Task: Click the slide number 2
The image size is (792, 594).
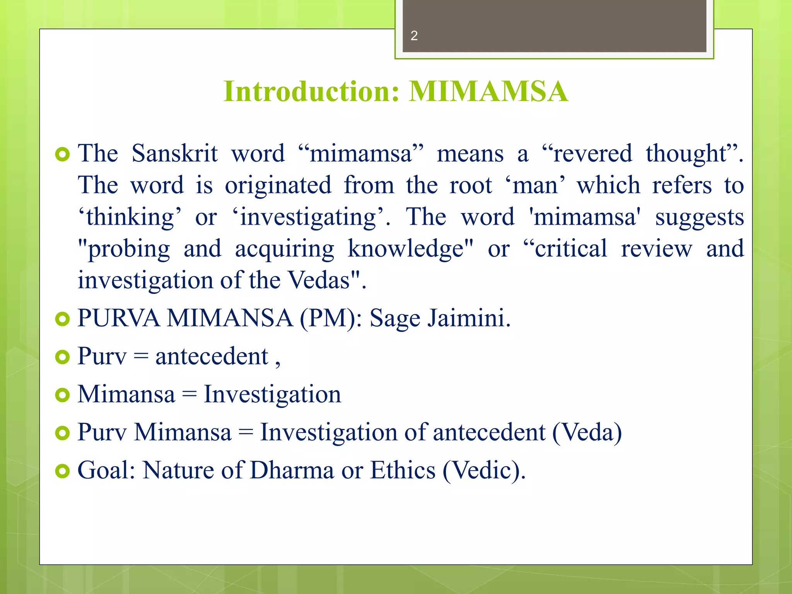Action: point(414,36)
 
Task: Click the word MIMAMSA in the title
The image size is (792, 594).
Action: point(488,92)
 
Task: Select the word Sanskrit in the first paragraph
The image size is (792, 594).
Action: point(174,154)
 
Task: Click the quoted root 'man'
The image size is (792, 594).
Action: point(535,185)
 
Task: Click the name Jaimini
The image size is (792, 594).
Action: point(469,319)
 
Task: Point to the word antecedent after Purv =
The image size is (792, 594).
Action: point(212,357)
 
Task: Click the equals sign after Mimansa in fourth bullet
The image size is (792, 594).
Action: point(189,395)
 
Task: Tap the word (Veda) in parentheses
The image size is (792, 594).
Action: point(587,432)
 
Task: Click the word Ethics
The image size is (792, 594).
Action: point(403,471)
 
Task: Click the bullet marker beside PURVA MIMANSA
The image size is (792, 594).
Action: point(62,319)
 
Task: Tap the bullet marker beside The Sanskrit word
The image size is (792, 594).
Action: point(62,155)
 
